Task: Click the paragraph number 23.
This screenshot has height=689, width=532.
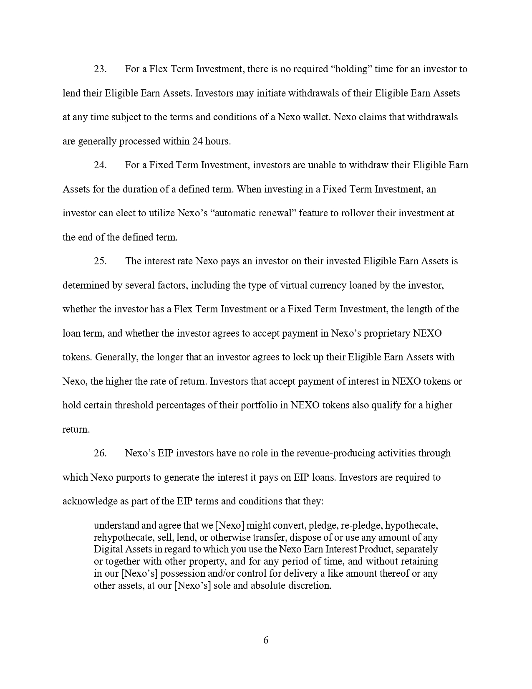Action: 100,69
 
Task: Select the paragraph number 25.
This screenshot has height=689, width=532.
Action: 100,261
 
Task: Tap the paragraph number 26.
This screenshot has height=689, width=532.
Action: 100,453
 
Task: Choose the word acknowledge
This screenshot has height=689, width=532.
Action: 90,501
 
